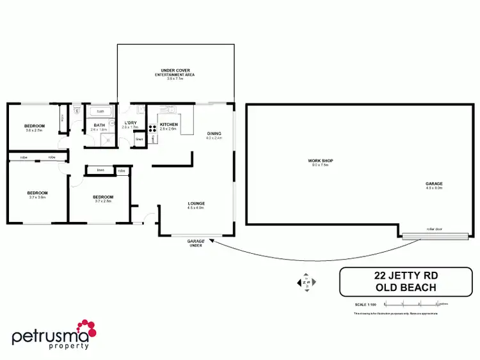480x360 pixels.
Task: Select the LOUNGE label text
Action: click(196, 203)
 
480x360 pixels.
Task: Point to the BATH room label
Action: click(99, 125)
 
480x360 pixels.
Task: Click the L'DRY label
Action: click(130, 123)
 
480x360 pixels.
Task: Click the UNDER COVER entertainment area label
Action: click(175, 70)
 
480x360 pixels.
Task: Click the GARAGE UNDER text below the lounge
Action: click(195, 243)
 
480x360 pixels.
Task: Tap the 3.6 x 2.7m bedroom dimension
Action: click(34, 130)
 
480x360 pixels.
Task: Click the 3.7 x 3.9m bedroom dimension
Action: click(37, 197)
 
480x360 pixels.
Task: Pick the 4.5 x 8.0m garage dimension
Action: click(434, 188)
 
